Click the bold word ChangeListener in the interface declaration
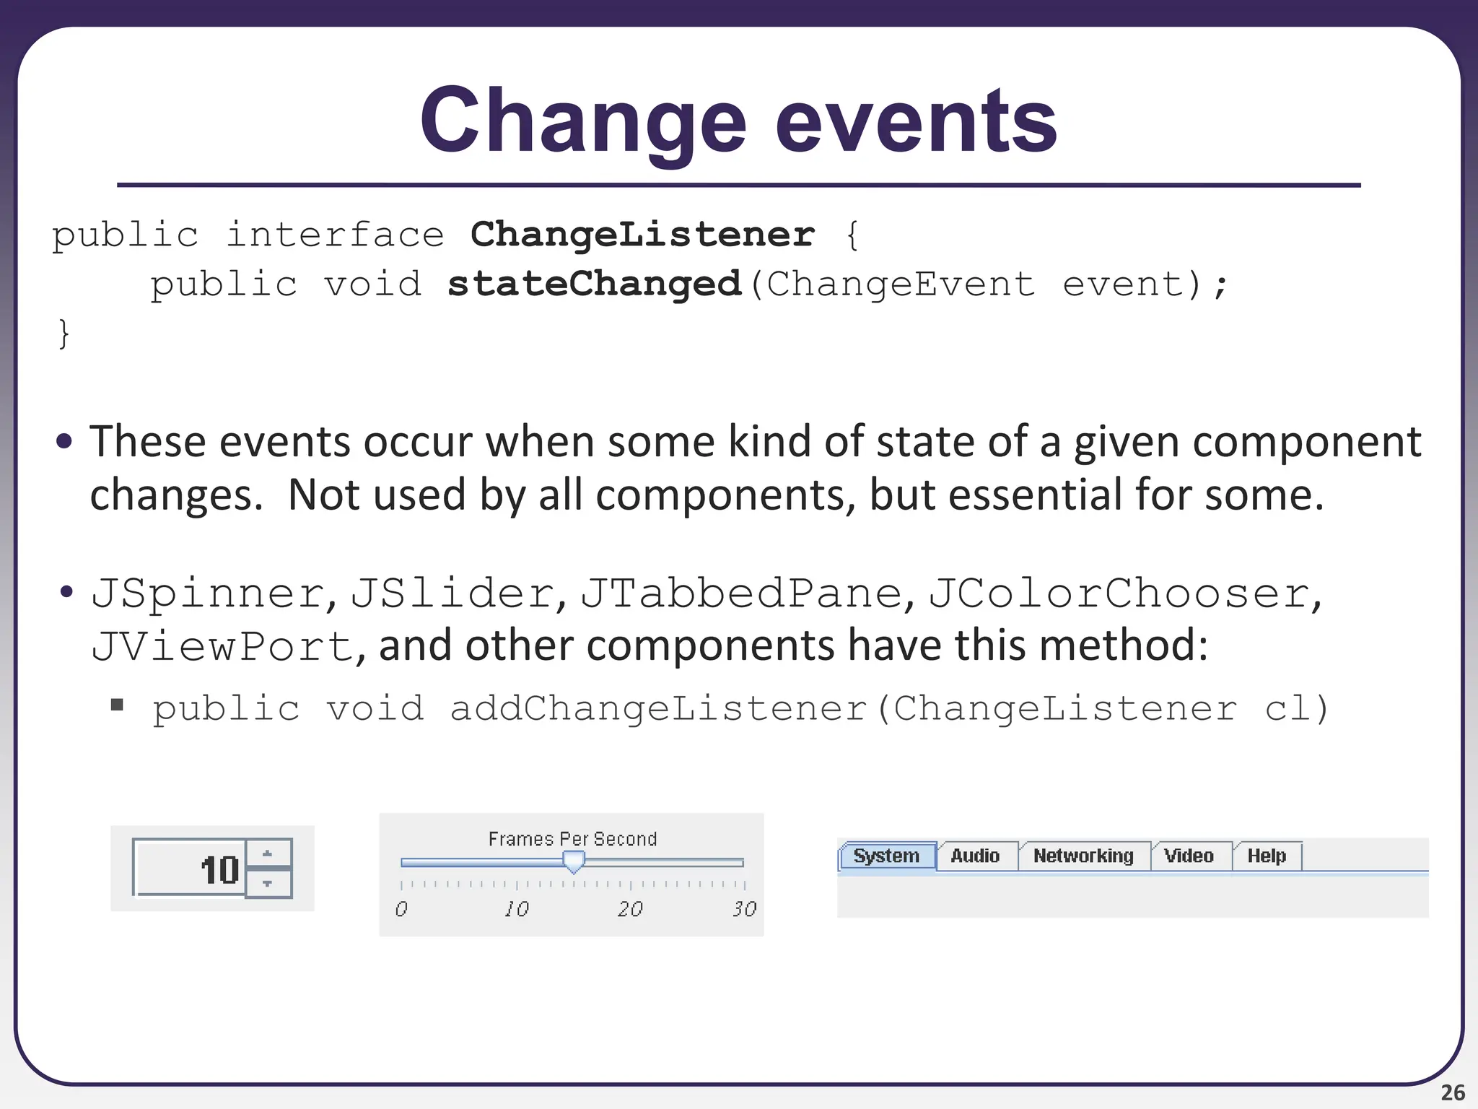point(642,235)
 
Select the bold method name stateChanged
point(594,284)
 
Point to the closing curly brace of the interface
point(64,334)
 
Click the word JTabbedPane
point(741,593)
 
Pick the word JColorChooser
point(1119,593)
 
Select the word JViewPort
point(222,645)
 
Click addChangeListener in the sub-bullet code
point(658,708)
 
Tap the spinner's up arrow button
point(268,853)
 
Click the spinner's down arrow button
point(268,883)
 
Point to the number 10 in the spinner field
point(219,870)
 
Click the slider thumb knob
point(574,861)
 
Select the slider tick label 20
point(630,909)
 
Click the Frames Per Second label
point(572,839)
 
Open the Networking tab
point(1083,856)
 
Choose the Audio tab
point(975,856)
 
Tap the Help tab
point(1267,856)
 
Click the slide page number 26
point(1453,1092)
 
